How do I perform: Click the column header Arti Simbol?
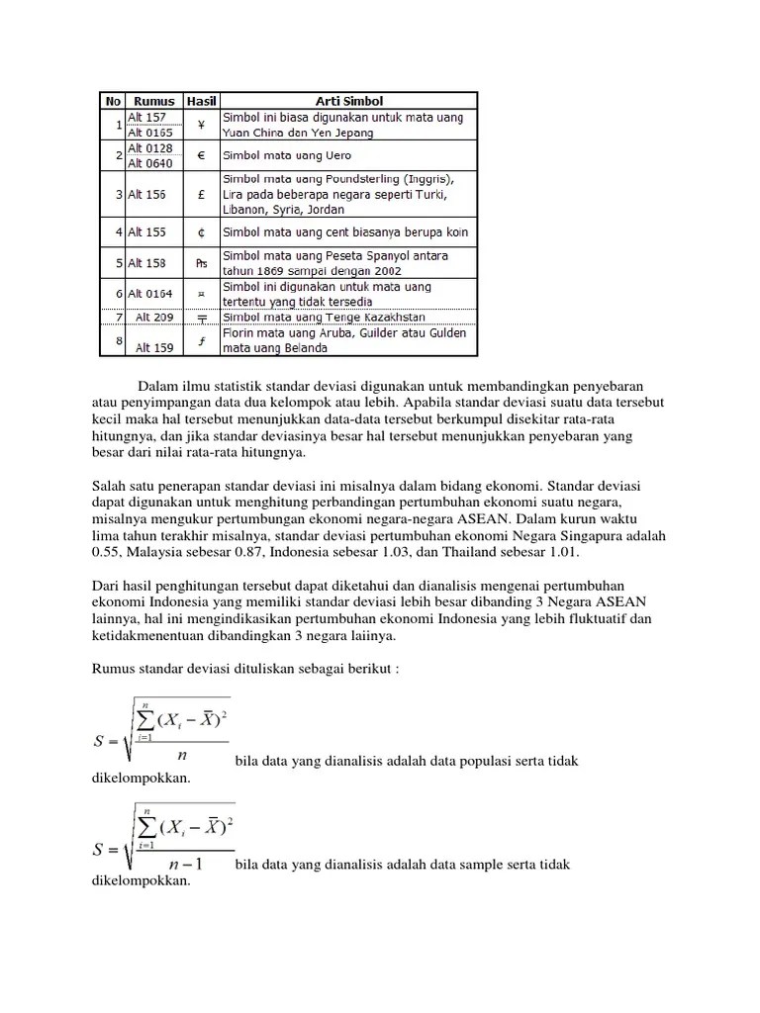click(348, 101)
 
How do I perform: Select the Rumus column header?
click(154, 101)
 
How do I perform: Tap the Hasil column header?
click(201, 101)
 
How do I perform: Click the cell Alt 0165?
click(148, 132)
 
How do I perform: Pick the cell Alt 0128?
click(148, 148)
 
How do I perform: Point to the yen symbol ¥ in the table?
click(201, 125)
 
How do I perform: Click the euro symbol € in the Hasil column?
click(201, 156)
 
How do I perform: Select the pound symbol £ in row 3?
click(201, 195)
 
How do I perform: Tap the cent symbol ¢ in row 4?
click(201, 232)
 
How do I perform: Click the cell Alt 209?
click(153, 317)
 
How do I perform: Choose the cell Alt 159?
click(153, 347)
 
